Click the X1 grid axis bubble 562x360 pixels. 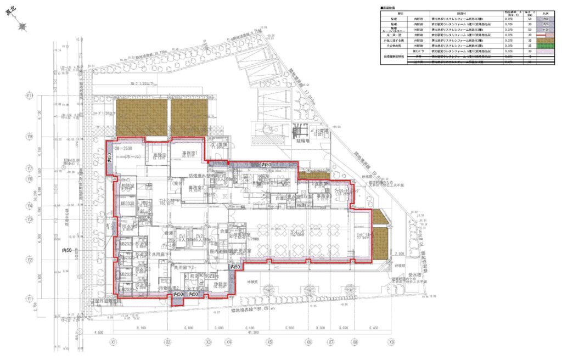point(113,341)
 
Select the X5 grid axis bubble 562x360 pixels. point(269,341)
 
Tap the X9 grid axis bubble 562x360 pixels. point(391,341)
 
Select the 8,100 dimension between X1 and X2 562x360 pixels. point(140,328)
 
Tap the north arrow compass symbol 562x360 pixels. point(23,24)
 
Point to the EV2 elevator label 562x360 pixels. point(200,237)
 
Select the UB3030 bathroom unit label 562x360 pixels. point(127,203)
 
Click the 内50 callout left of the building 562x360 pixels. point(68,250)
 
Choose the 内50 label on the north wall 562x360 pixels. point(267,165)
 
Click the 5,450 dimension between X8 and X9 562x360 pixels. point(374,328)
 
